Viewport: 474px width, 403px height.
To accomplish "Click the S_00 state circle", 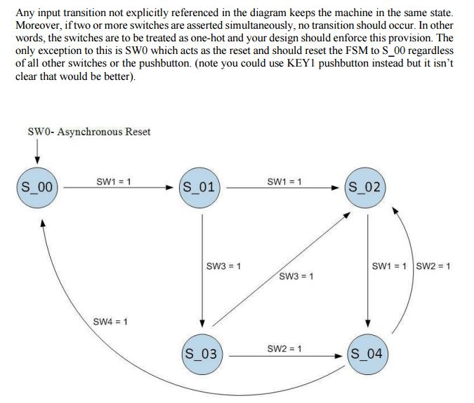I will tap(37, 187).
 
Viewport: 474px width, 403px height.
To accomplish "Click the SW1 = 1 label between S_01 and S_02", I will tap(285, 182).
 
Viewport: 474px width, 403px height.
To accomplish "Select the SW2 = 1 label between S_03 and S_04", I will tap(285, 348).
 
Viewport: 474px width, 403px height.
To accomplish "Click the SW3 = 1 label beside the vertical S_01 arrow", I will tap(224, 266).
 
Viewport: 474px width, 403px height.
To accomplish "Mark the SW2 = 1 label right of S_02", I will tap(433, 266).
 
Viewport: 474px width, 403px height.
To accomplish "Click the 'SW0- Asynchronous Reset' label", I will tap(88, 132).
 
